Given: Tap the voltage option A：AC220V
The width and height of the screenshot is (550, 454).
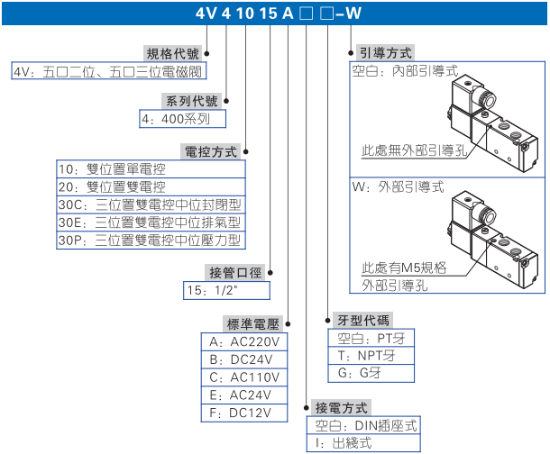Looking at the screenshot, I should [245, 343].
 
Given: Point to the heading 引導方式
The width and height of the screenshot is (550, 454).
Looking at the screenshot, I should [387, 53].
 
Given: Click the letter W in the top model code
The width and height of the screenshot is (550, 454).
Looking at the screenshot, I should [358, 13].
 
